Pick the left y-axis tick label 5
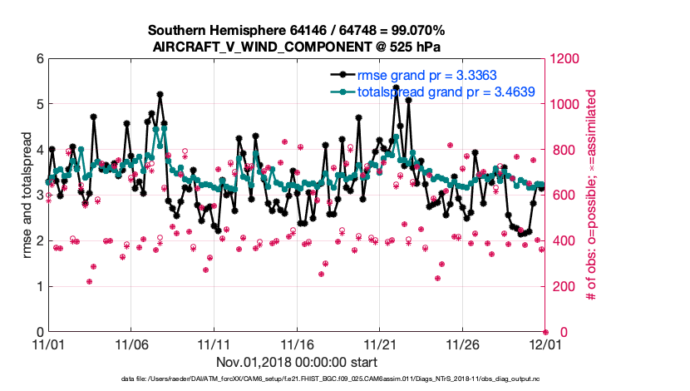click(38, 104)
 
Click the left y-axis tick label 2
click(38, 241)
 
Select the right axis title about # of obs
click(593, 195)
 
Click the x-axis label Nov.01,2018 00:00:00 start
click(297, 362)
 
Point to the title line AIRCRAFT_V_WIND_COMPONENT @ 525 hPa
click(297, 47)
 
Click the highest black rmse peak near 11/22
click(396, 87)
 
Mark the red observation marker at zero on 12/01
click(545, 332)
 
